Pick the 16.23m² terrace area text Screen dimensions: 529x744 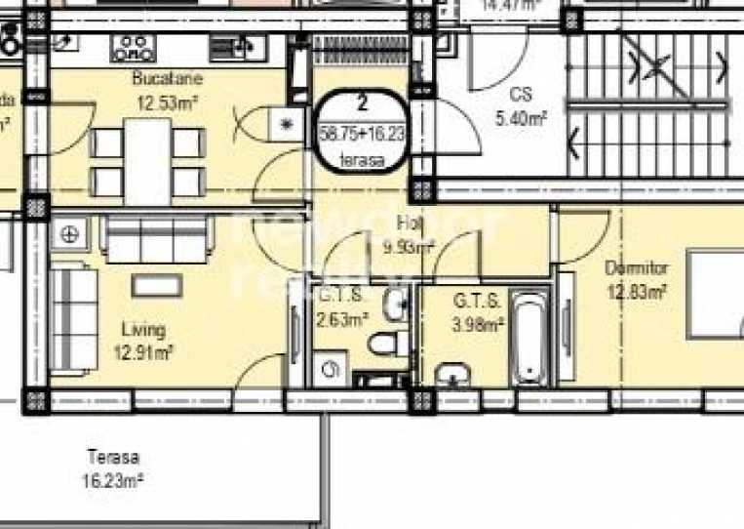tap(113, 478)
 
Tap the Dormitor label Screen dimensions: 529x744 tap(636, 267)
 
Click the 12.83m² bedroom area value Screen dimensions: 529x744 tap(637, 290)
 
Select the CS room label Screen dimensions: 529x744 tap(521, 96)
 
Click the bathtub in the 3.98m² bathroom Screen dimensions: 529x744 tap(528, 342)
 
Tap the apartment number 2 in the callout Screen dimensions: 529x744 tap(363, 102)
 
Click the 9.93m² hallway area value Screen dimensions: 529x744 tap(409, 248)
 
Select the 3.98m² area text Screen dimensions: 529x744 tap(479, 324)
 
